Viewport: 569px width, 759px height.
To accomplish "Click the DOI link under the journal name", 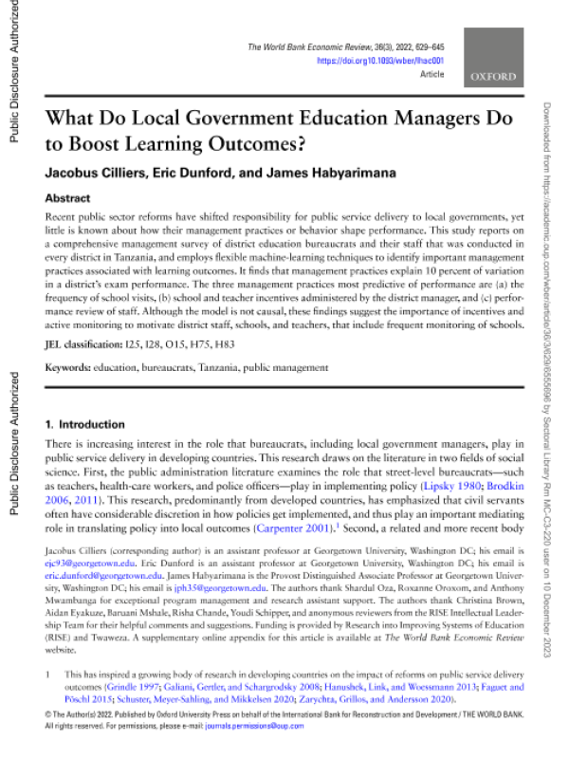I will [x=379, y=60].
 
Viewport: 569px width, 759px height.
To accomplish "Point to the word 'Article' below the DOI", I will [x=432, y=72].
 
